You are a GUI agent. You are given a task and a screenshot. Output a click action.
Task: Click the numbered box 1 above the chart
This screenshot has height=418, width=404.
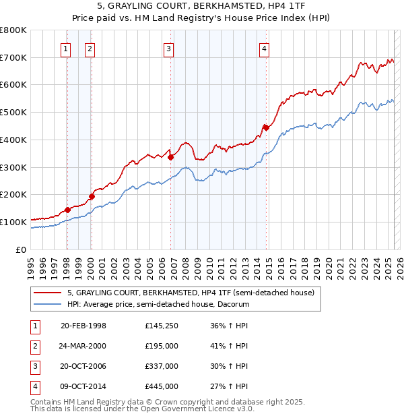coord(66,48)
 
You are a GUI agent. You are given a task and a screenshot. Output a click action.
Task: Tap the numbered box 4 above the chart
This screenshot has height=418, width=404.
coord(265,48)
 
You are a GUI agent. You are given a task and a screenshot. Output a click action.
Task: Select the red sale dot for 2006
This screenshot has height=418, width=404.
coord(171,158)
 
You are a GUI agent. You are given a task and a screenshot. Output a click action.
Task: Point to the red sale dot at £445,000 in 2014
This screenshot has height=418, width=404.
coord(266,127)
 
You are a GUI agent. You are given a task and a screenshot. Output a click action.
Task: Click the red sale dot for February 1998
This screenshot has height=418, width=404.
coord(67,210)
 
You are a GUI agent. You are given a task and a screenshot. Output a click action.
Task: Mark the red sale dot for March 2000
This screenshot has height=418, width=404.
coord(92,196)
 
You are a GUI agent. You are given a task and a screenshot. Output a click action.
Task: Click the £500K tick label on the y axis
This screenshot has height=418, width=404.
coord(13,113)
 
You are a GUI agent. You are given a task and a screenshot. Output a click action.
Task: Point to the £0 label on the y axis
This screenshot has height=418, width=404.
coord(22,249)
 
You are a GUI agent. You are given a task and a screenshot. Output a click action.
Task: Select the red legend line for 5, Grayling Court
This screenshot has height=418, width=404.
coord(48,293)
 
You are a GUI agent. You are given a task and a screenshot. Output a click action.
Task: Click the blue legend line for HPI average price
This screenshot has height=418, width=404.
coord(48,304)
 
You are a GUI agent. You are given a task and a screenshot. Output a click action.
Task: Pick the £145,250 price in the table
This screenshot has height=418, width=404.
coord(161,326)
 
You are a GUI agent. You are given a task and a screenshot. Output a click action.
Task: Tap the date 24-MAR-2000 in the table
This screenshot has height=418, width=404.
coord(83,346)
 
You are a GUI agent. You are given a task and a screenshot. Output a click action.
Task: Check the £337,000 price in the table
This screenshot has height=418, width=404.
coord(161,366)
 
